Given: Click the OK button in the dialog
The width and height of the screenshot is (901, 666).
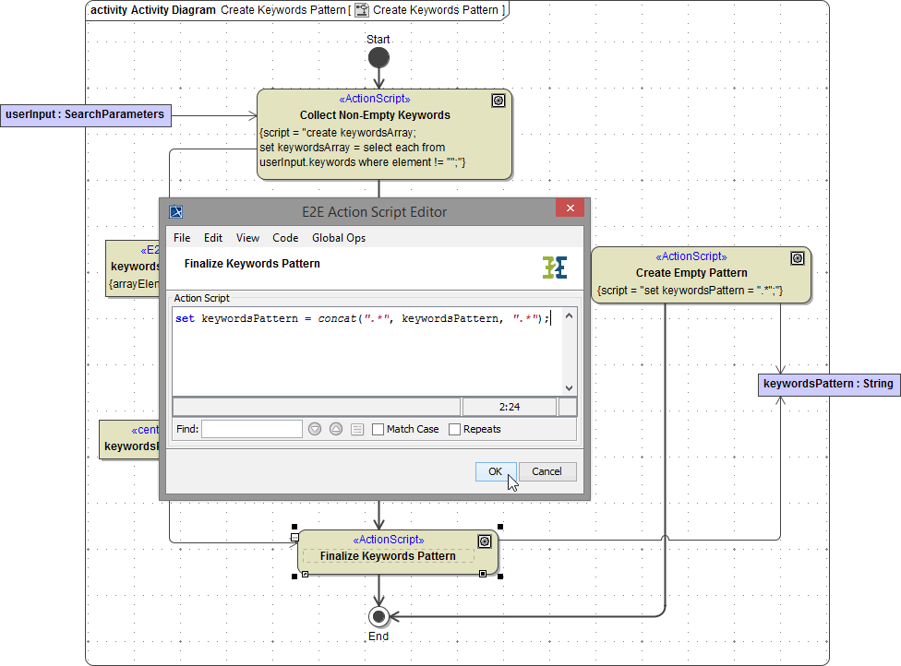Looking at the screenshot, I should [495, 471].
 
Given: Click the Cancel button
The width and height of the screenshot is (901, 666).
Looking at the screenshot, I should [547, 471].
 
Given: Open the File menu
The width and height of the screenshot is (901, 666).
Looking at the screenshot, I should [182, 238].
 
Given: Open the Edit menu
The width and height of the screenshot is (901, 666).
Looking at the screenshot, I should [213, 238].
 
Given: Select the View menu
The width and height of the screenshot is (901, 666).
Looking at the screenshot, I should [247, 238].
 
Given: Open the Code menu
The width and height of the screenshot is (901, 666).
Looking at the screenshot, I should [285, 238].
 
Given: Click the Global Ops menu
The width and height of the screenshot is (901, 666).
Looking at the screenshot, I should [339, 238].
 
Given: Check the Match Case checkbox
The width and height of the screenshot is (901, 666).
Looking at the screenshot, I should [378, 429].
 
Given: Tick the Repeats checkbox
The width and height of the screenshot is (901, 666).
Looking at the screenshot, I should [455, 429].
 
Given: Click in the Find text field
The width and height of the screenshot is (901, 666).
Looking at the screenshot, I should [251, 429].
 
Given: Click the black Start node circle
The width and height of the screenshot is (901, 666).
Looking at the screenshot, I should [378, 58].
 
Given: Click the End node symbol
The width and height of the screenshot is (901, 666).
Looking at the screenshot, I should [378, 616].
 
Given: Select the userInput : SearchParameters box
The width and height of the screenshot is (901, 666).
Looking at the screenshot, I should [85, 115].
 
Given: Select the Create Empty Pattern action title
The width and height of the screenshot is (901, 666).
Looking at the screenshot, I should [691, 273].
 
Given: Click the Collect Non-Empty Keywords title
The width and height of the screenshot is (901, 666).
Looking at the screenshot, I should [375, 115].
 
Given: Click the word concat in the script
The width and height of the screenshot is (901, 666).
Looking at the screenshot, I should [338, 319].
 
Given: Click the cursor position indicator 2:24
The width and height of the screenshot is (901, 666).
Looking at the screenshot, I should [508, 407].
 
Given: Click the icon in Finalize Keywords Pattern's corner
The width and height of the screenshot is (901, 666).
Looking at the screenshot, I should [484, 541].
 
